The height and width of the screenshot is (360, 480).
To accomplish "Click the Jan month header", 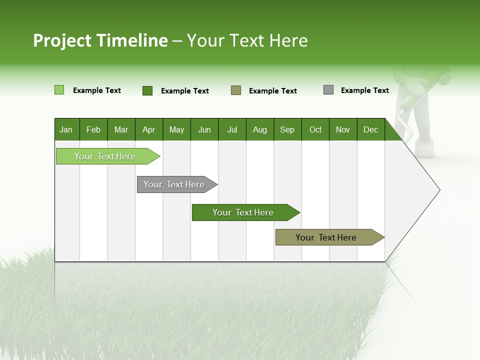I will tap(66, 129).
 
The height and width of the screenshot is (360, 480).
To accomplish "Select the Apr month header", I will tap(148, 129).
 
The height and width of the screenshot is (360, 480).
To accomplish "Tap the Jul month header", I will tap(232, 129).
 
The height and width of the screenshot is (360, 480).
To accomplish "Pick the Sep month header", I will tap(287, 129).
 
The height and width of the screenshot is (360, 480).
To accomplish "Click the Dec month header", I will tap(370, 129).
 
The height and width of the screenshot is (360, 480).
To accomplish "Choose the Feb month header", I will tap(93, 129).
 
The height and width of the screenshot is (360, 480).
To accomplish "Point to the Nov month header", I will tap(342, 129).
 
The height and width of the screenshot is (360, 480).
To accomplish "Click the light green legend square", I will tap(59, 90).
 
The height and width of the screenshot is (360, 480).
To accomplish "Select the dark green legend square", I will tap(147, 90).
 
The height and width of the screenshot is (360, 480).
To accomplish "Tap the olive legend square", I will tap(236, 90).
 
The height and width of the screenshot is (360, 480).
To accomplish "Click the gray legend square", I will tap(328, 90).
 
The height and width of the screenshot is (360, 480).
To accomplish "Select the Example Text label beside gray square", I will tap(364, 90).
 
